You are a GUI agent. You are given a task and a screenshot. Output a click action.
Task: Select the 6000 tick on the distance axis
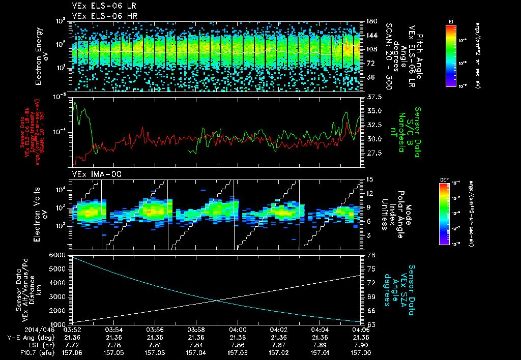click(57, 255)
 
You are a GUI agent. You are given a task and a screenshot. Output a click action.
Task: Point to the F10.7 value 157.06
click(73, 352)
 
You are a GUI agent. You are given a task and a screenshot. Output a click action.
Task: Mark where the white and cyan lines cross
click(218, 301)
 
